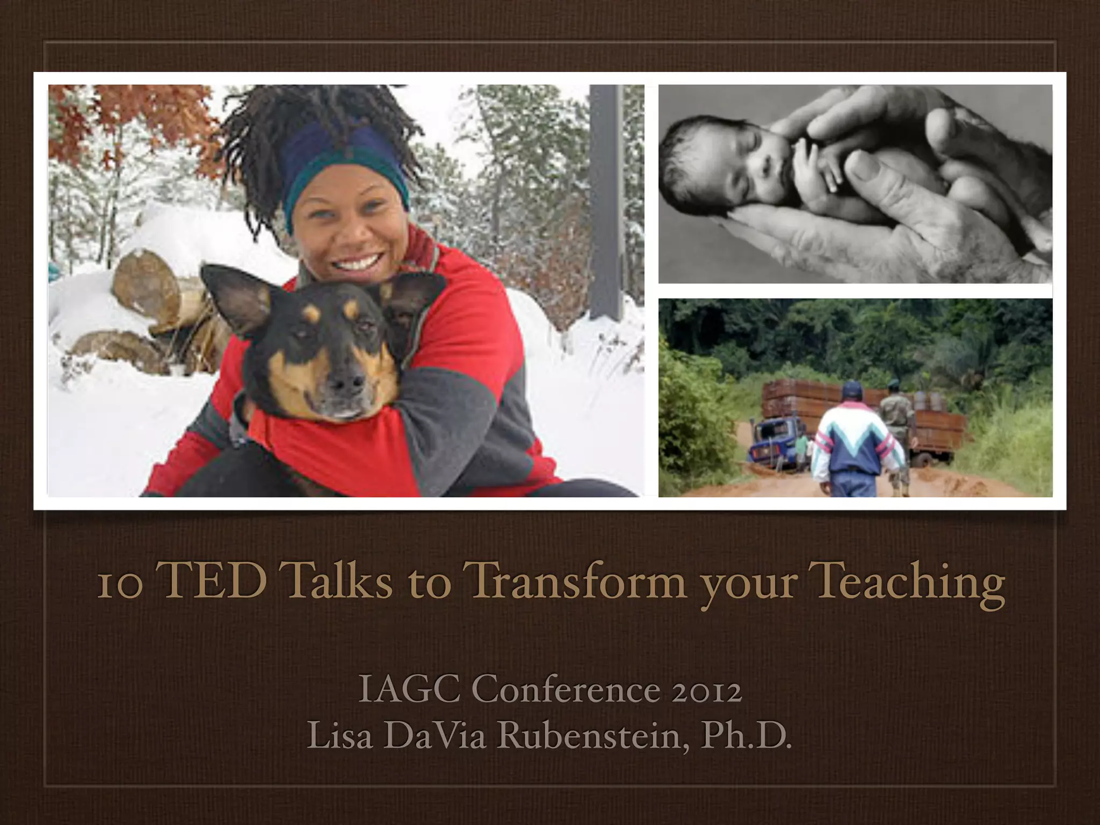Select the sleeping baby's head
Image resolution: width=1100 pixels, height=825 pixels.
pos(714,161)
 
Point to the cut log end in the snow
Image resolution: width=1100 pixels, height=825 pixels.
pos(142,287)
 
